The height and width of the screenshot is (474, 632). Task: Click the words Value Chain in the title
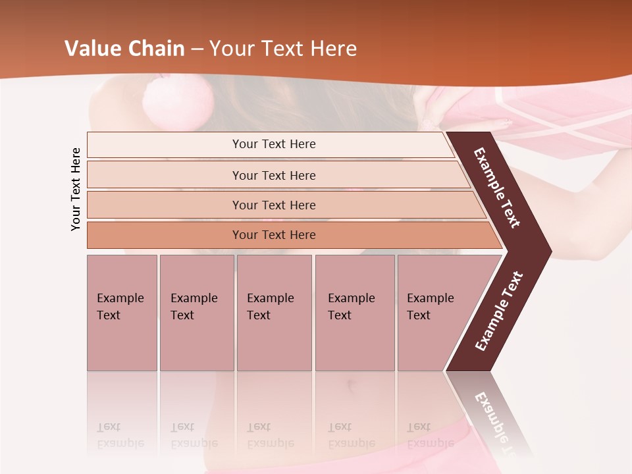click(x=124, y=49)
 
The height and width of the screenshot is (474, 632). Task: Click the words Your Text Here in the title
click(x=283, y=49)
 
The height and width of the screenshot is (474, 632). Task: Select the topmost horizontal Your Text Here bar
click(x=274, y=144)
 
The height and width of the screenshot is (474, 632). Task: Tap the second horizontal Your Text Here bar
click(x=274, y=175)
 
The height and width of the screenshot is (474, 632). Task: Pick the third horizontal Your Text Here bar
click(x=274, y=205)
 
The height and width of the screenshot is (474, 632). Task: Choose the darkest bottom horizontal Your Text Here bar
click(x=274, y=235)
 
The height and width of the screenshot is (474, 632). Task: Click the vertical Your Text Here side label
click(x=76, y=189)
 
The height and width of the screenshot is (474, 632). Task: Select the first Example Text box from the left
click(x=122, y=313)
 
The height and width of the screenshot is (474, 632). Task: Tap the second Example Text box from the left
click(x=196, y=313)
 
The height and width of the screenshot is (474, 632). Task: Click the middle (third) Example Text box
click(x=274, y=313)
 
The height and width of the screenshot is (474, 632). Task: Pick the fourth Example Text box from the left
click(x=354, y=313)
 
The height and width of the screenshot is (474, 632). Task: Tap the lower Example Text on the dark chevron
click(x=499, y=311)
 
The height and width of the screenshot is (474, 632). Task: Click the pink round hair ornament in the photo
click(x=178, y=99)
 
